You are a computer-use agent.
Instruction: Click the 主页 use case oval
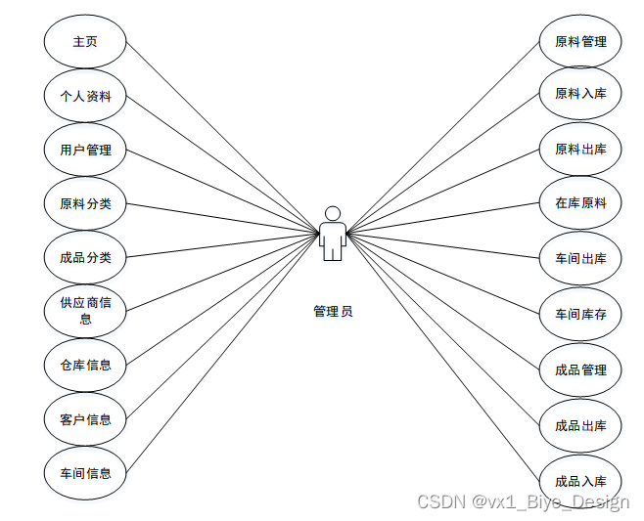pyautogui.click(x=85, y=42)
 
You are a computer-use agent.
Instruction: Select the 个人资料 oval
pyautogui.click(x=85, y=96)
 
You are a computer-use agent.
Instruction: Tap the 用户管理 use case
pyautogui.click(x=85, y=150)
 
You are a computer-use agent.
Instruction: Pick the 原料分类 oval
pyautogui.click(x=85, y=203)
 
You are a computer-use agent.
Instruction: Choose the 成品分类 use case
pyautogui.click(x=85, y=258)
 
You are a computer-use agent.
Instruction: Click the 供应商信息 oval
pyautogui.click(x=85, y=311)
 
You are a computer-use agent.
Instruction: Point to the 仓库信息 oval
pyautogui.click(x=85, y=366)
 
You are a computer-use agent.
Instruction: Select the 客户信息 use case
pyautogui.click(x=85, y=419)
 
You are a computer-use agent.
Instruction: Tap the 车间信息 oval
pyautogui.click(x=85, y=473)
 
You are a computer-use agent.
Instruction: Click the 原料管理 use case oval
pyautogui.click(x=580, y=42)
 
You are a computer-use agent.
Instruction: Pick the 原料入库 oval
pyautogui.click(x=580, y=94)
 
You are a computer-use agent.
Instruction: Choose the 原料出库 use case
pyautogui.click(x=580, y=150)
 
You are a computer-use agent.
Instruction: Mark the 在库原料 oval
pyautogui.click(x=580, y=203)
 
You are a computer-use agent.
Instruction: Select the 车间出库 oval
pyautogui.click(x=580, y=258)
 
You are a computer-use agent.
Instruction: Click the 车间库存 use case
pyautogui.click(x=580, y=314)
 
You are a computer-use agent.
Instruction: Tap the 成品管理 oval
pyautogui.click(x=580, y=369)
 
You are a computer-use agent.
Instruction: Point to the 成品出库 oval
pyautogui.click(x=580, y=425)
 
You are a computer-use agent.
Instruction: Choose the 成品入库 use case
pyautogui.click(x=580, y=481)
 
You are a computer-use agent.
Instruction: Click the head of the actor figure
pyautogui.click(x=333, y=213)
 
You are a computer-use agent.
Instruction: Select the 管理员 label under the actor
pyautogui.click(x=333, y=311)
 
